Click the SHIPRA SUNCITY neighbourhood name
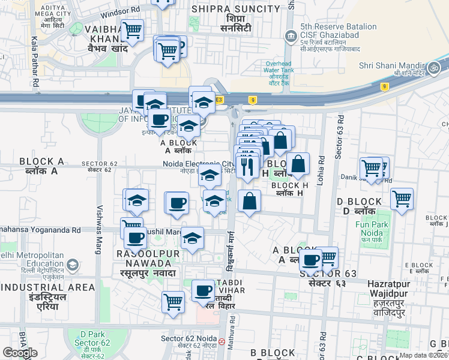[x=235, y=9]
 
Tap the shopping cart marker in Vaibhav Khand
[x=131, y=29]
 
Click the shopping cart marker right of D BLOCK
[x=402, y=198]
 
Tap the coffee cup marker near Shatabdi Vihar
[x=203, y=291]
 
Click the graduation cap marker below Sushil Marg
[x=192, y=239]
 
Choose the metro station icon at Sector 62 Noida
[x=222, y=341]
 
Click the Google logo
[x=20, y=353]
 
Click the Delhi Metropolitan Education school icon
[x=72, y=265]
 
